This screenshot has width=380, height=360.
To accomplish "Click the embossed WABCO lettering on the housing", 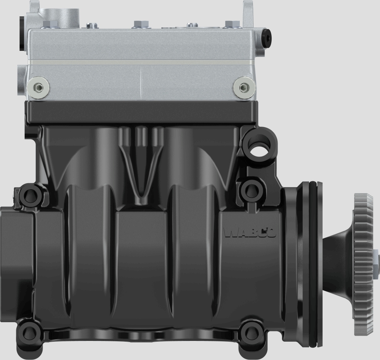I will coord(250,233).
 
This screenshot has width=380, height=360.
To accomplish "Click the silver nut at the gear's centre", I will coord(376,263).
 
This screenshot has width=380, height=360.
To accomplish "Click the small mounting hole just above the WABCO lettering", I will coord(250,190).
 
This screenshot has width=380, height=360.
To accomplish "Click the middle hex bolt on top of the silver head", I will coord(139,24).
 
